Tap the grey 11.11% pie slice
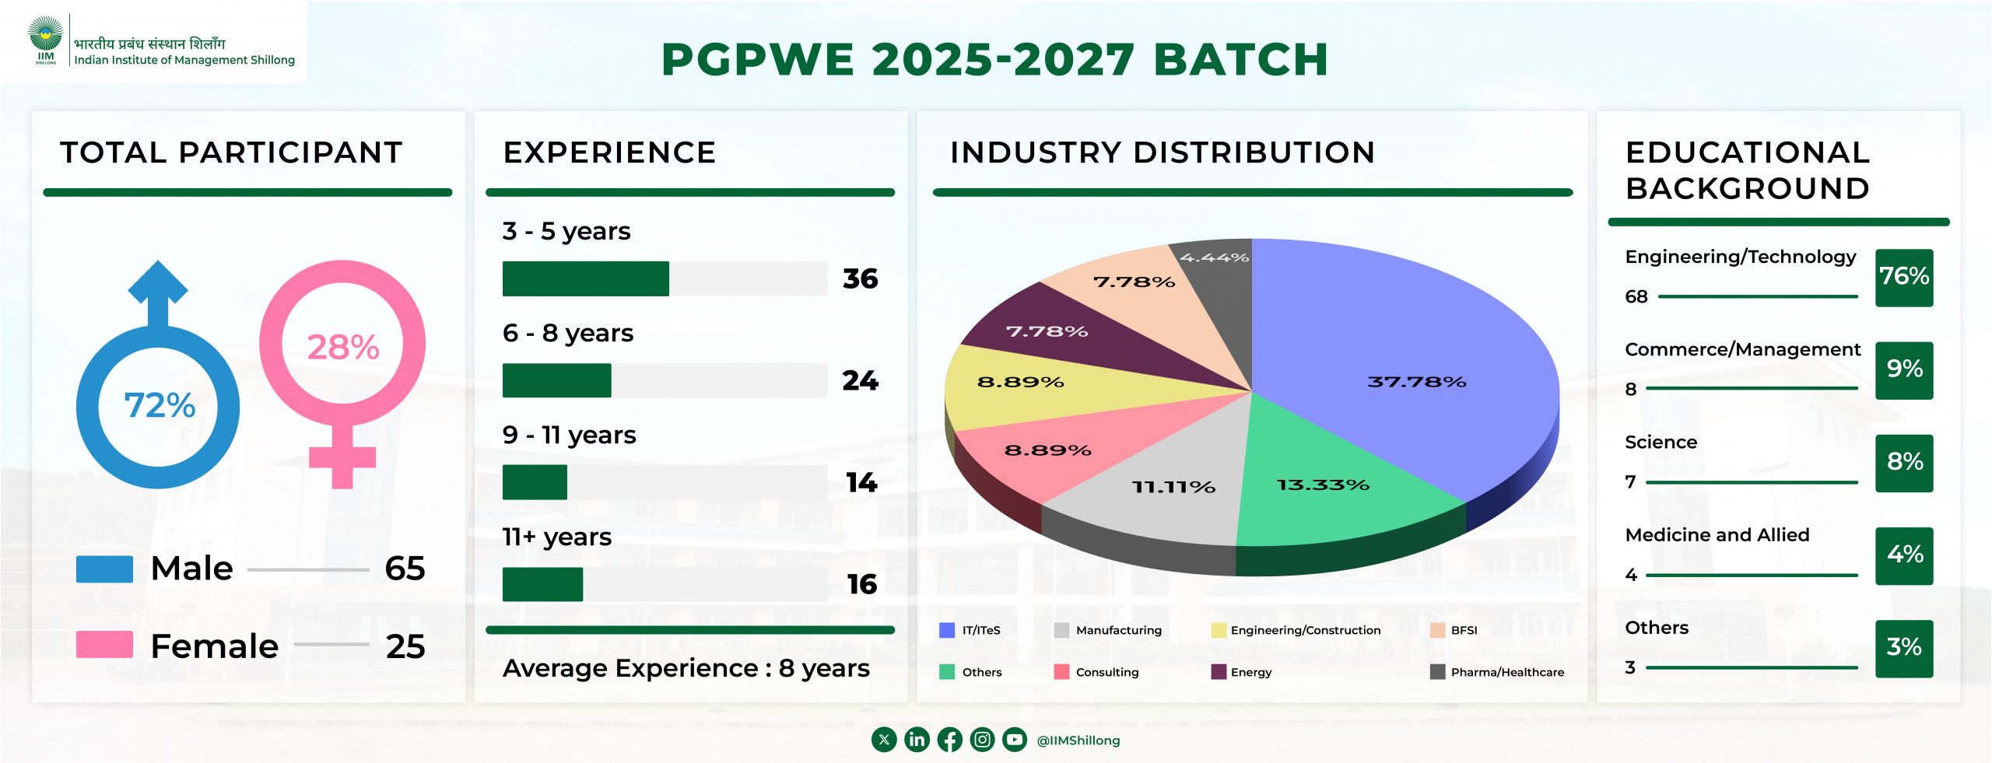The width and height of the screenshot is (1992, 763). click(x=1159, y=482)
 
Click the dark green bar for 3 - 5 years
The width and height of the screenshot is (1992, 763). click(x=585, y=278)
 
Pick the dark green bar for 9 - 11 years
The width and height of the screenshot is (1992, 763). click(x=535, y=482)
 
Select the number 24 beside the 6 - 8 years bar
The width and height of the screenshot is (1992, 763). click(x=860, y=380)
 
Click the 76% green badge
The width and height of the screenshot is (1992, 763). click(x=1904, y=277)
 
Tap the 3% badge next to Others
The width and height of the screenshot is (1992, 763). click(x=1904, y=648)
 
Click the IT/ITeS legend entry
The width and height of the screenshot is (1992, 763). click(x=970, y=630)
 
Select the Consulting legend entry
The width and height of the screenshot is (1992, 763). click(x=1096, y=672)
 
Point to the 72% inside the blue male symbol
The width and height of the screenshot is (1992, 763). click(x=160, y=405)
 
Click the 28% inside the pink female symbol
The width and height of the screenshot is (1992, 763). click(x=343, y=347)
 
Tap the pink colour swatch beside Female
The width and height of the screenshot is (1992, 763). click(x=104, y=645)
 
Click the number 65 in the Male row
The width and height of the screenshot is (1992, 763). click(x=405, y=569)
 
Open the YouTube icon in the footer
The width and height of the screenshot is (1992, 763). click(x=1015, y=740)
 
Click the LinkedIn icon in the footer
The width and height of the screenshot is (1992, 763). click(x=917, y=740)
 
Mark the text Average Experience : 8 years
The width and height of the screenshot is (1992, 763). click(x=686, y=668)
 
